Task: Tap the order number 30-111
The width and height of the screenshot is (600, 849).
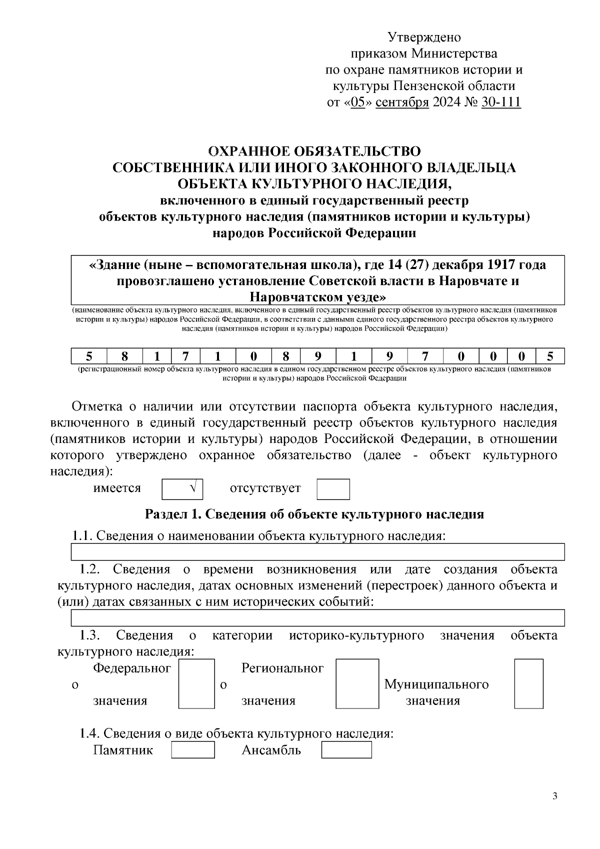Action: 501,102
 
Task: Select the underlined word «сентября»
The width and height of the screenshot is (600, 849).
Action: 402,102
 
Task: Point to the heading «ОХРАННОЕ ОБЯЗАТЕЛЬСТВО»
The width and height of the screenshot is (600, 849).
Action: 314,151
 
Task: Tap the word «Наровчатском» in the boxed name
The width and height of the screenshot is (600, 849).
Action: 297,297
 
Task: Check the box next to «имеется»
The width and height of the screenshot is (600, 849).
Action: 182,489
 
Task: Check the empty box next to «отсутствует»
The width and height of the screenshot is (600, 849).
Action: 333,489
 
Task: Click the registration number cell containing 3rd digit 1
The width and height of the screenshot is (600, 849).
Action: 156,356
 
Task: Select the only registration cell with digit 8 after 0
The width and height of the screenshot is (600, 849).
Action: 285,356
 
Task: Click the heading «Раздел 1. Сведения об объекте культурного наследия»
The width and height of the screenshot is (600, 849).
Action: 314,514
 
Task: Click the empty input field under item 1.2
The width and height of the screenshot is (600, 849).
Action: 318,618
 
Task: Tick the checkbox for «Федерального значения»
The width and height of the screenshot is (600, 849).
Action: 196,683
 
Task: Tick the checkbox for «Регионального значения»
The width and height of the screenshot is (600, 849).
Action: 357,683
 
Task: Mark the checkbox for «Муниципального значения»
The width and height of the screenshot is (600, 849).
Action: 528,683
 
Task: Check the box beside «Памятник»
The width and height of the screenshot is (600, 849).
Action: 193,750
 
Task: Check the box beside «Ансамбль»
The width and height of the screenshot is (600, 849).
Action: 346,750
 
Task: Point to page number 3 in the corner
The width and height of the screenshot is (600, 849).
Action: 555,796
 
